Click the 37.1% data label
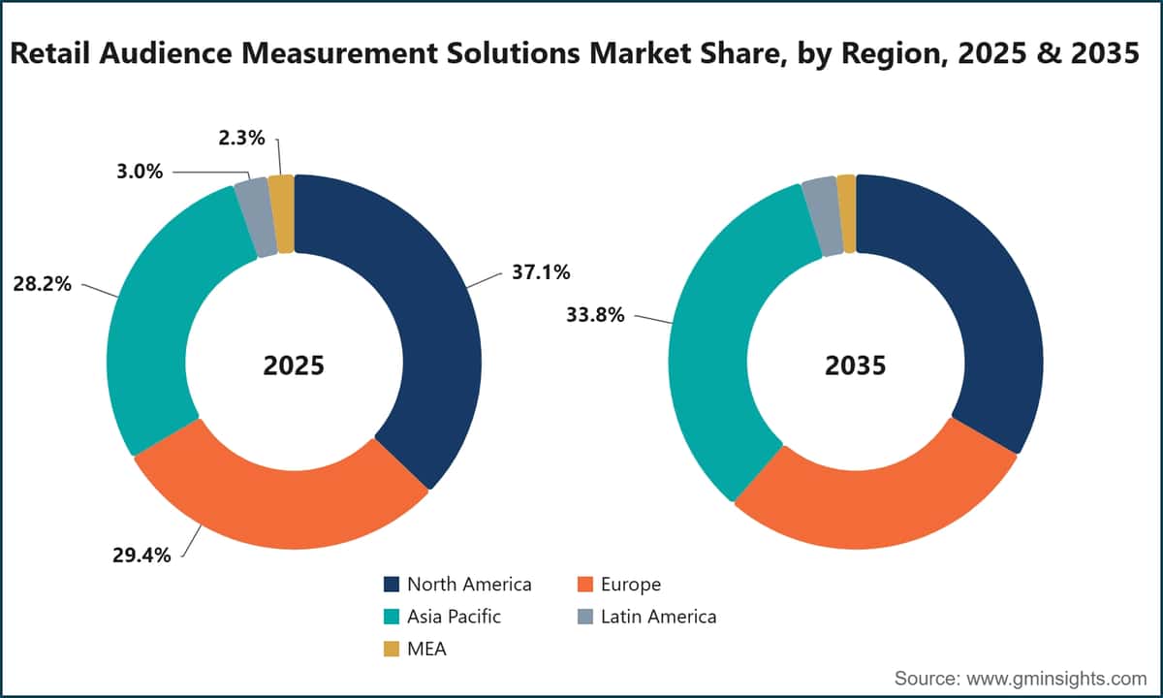[x=541, y=272]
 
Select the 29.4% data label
[x=141, y=555]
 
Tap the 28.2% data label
[x=42, y=284]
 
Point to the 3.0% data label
[x=140, y=171]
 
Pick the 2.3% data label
[x=241, y=138]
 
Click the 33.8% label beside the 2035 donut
[x=595, y=315]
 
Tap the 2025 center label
[x=294, y=365]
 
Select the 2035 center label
[x=856, y=365]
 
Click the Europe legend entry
[x=619, y=585]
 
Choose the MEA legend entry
[x=415, y=649]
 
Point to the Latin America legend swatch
[x=585, y=617]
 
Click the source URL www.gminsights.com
[x=1056, y=679]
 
